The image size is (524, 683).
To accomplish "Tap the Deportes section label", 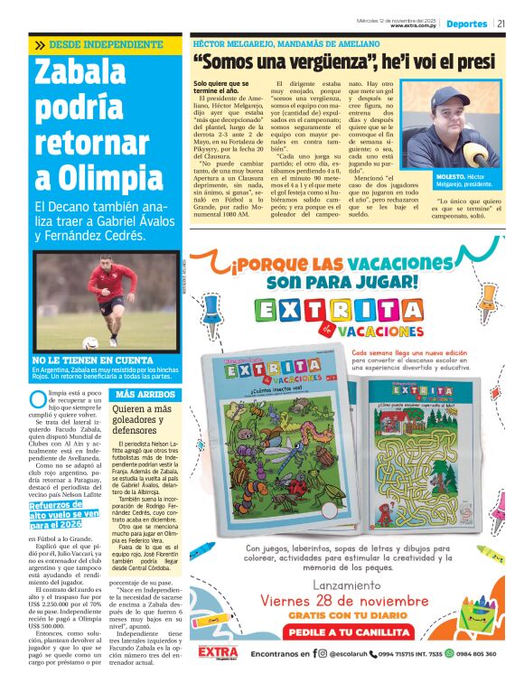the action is click(466, 24).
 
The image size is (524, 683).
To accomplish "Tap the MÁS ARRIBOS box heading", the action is click(138, 395).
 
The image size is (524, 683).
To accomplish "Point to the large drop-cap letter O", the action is click(37, 399).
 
